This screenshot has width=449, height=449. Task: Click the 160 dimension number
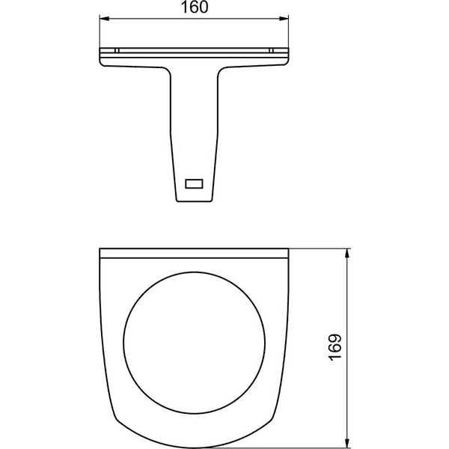pos(195,7)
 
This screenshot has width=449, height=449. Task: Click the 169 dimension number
pos(335,347)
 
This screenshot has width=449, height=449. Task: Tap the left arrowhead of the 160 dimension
pos(104,19)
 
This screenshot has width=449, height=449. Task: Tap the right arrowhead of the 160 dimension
pos(284,19)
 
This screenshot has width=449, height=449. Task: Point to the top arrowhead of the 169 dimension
pos(347,254)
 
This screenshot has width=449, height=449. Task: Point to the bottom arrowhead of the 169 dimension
pos(347,443)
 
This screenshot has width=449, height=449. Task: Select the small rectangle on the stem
pos(194,183)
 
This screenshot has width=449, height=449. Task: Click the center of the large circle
pos(194,343)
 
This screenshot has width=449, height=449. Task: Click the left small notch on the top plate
pos(117,51)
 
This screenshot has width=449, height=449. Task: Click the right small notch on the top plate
pos(272,51)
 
